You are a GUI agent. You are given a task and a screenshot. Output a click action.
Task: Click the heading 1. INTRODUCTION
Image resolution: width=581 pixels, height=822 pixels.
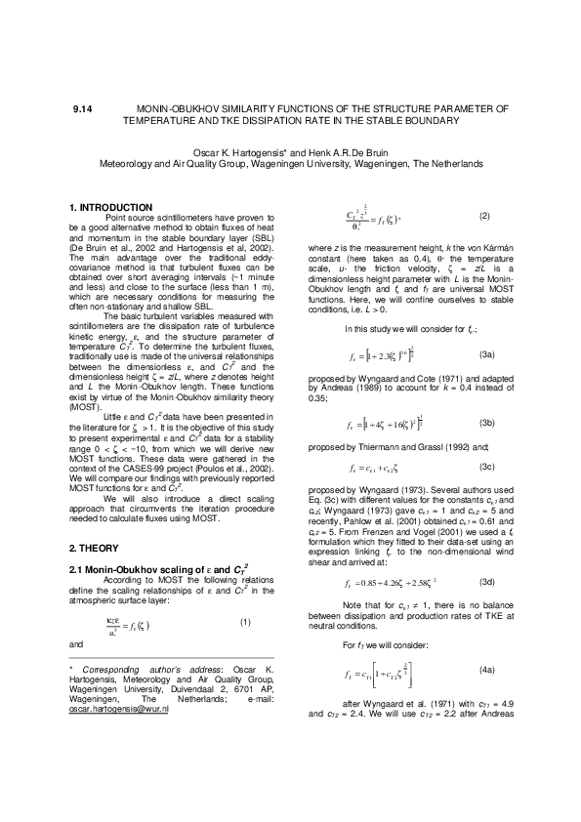111,207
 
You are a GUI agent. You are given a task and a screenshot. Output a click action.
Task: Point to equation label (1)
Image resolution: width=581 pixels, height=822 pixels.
246,621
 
